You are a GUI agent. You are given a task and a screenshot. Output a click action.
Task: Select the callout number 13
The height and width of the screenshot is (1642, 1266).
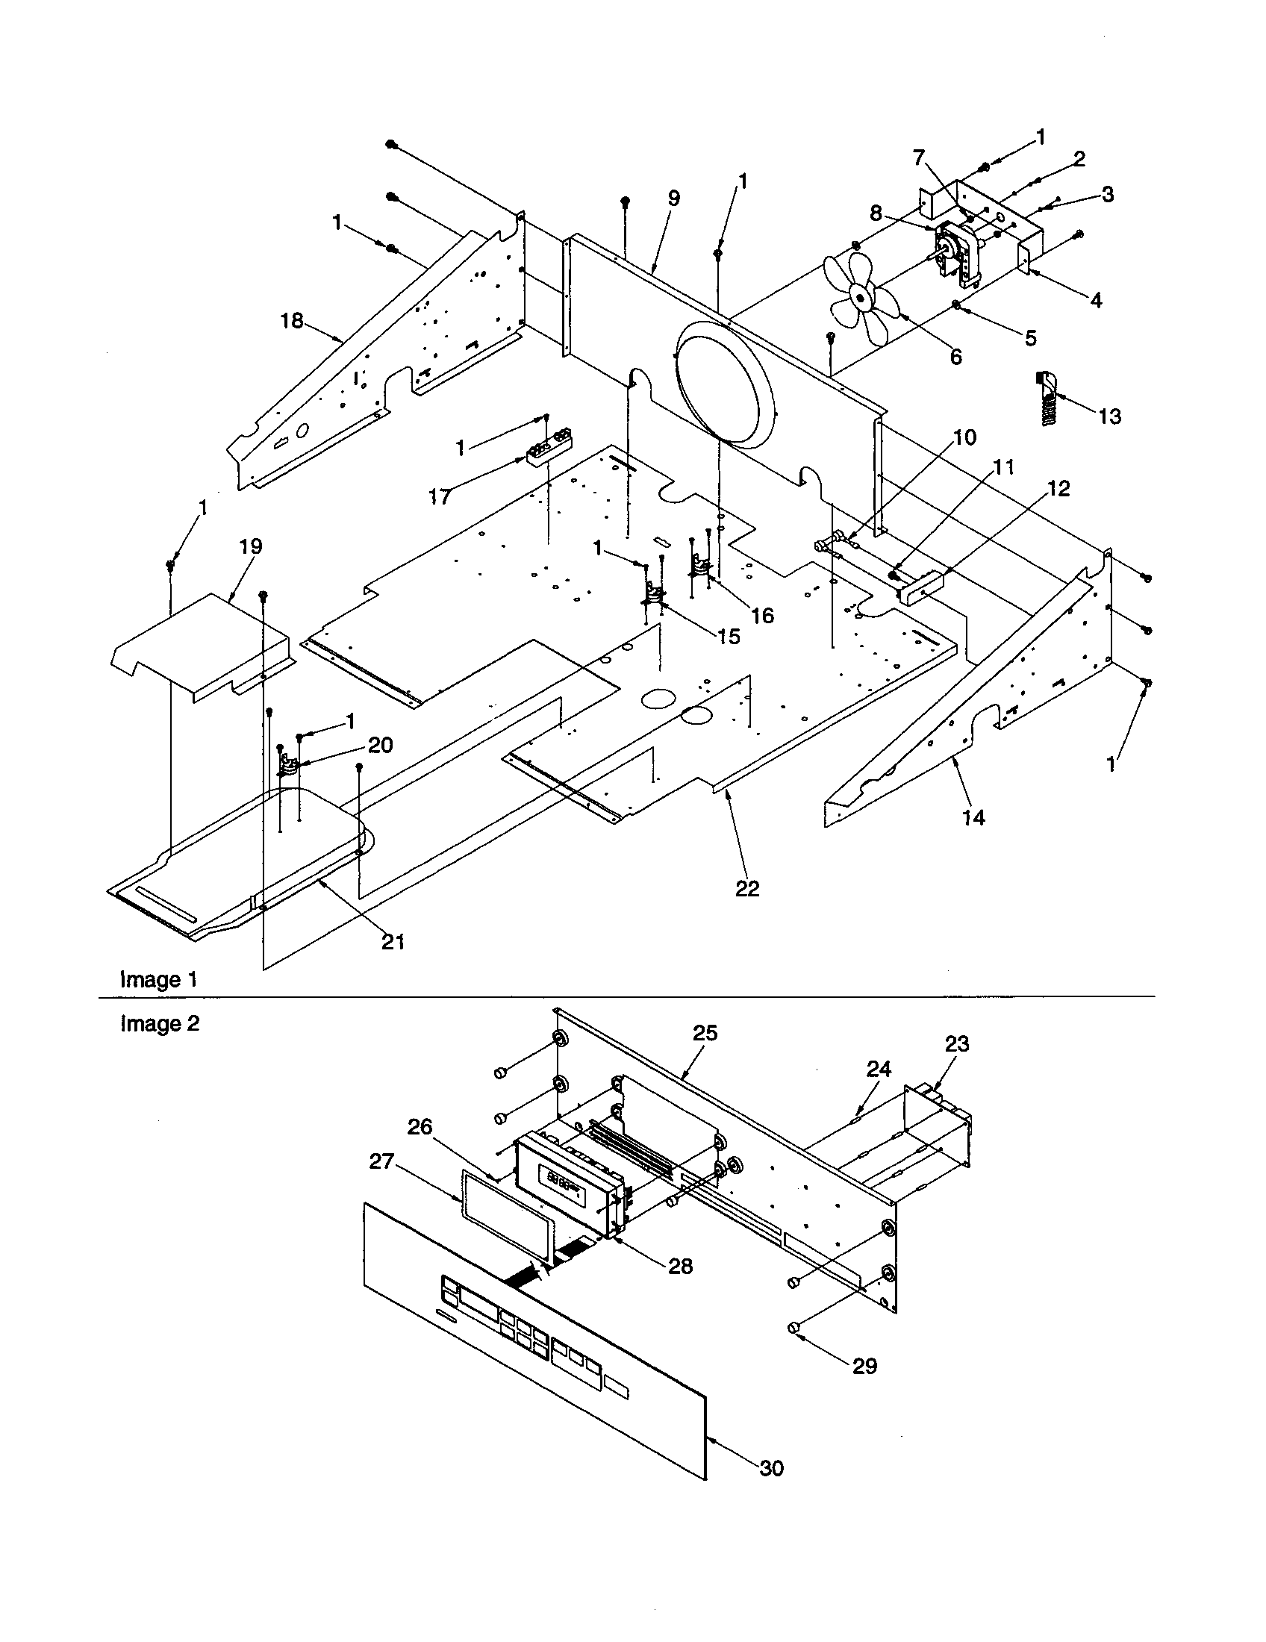[x=1110, y=416]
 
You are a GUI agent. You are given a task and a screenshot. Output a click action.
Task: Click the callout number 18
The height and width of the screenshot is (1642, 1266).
[x=292, y=321]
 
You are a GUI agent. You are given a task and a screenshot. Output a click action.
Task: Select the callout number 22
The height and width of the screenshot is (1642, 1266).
[x=747, y=889]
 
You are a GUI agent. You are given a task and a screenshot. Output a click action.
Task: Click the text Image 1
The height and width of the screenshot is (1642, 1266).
[x=160, y=980]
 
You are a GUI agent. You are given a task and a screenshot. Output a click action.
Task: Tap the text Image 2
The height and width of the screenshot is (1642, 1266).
[x=160, y=1024]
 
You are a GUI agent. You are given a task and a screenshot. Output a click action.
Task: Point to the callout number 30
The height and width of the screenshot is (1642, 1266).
[x=771, y=1468]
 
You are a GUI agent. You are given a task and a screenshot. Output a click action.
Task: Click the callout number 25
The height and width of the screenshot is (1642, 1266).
[x=705, y=1034]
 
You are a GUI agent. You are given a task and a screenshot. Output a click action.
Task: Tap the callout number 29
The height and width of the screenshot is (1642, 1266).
[x=864, y=1366]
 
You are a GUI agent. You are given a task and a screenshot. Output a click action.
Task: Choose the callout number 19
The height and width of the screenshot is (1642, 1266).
[x=251, y=546]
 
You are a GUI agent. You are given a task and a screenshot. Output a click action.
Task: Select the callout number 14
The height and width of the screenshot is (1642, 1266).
[x=973, y=817]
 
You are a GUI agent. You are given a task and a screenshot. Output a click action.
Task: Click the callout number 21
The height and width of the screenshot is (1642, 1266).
[x=393, y=942]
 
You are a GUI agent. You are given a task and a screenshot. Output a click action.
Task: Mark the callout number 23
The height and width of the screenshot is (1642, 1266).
[x=957, y=1044]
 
